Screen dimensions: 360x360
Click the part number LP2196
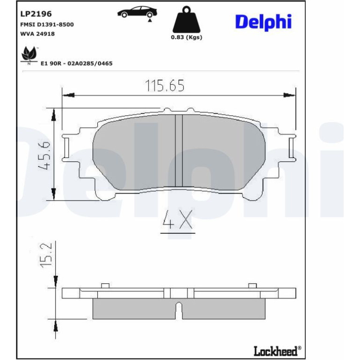click(x=36, y=14)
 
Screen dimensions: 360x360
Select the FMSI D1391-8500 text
click(x=47, y=25)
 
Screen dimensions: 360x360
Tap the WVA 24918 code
click(x=38, y=34)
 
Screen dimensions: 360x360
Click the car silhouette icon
click(x=137, y=13)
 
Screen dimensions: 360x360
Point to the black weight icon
click(x=187, y=20)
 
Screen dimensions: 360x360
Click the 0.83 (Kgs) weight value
click(x=187, y=37)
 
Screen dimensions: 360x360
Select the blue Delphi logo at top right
click(x=263, y=22)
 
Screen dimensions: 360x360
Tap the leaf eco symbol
click(x=29, y=55)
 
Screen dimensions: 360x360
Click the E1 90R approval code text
click(x=77, y=64)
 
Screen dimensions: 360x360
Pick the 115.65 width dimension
click(x=165, y=86)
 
